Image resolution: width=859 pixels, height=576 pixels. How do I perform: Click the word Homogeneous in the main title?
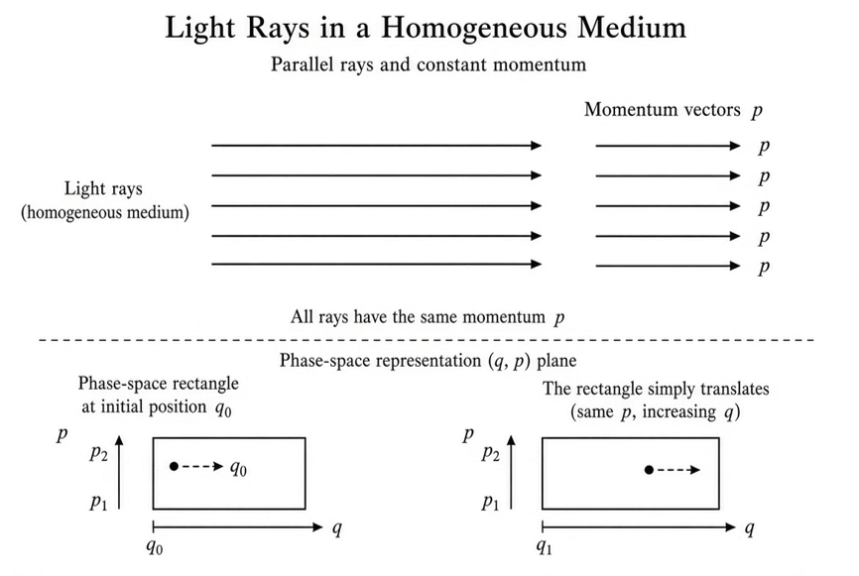[x=473, y=29]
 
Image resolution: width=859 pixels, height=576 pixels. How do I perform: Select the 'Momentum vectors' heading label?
[x=663, y=109]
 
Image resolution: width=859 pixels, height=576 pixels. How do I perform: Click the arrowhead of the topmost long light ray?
[x=537, y=146]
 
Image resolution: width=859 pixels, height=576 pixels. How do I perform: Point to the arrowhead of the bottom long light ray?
[x=537, y=264]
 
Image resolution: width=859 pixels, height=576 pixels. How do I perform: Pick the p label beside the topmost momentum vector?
[x=764, y=148]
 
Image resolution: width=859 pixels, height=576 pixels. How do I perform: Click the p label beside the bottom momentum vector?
[x=764, y=269]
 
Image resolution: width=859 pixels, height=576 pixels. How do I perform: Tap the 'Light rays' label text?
[x=103, y=188]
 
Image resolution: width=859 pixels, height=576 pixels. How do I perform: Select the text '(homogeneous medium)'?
[x=105, y=212]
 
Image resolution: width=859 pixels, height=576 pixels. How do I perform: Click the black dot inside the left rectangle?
[x=174, y=467]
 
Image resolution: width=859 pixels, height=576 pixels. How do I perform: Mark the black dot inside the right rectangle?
[x=649, y=470]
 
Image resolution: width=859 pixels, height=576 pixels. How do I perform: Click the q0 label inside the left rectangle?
[x=238, y=468]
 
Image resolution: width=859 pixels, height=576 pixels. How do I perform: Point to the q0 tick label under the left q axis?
[x=155, y=547]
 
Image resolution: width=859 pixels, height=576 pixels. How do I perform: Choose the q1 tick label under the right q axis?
[x=544, y=547]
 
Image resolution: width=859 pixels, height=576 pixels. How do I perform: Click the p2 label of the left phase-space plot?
[x=99, y=453]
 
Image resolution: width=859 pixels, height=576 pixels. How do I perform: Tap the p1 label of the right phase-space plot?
[x=490, y=502]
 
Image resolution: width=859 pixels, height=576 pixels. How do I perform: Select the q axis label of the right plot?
[x=750, y=529]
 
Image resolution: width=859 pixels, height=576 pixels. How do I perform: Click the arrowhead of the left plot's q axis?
[x=317, y=527]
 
